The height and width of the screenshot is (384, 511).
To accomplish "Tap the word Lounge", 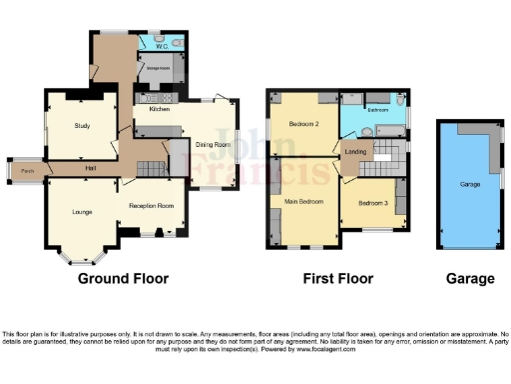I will click(82, 212).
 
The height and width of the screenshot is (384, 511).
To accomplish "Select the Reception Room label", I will click(151, 206).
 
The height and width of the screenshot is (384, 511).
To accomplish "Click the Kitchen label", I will click(160, 109).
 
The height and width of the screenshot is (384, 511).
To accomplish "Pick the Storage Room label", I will click(160, 69).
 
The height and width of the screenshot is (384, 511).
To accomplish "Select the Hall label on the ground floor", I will click(90, 167).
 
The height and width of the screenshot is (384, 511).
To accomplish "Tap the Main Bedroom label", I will click(304, 201).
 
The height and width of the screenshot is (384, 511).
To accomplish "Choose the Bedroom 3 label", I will click(371, 203).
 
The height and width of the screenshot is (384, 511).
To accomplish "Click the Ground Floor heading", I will click(123, 279).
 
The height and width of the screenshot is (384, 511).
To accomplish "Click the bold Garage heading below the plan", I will click(468, 279).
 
